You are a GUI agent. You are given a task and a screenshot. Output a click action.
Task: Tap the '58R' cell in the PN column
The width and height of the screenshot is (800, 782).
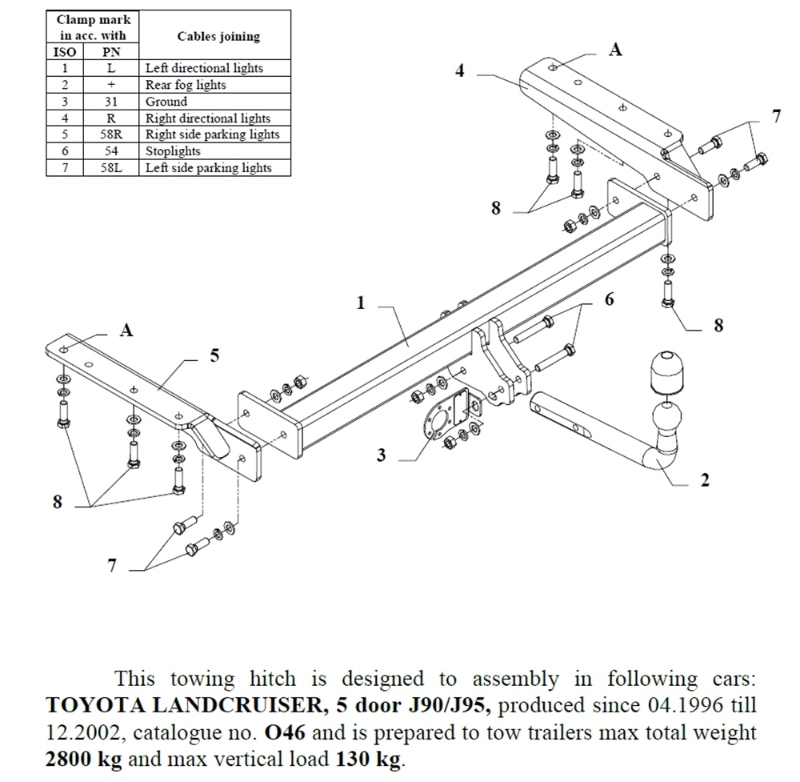pyautogui.click(x=111, y=134)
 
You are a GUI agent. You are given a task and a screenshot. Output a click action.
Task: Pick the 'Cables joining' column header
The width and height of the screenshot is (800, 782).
pyautogui.click(x=218, y=37)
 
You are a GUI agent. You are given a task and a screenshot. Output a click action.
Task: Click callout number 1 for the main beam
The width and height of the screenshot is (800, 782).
pyautogui.click(x=361, y=303)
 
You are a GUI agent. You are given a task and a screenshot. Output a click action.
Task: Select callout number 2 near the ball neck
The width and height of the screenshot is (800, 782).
pyautogui.click(x=704, y=480)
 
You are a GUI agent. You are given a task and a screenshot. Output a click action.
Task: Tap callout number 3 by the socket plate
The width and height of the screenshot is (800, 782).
pyautogui.click(x=382, y=455)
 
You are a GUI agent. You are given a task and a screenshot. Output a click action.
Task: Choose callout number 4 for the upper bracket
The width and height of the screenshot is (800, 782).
pyautogui.click(x=459, y=71)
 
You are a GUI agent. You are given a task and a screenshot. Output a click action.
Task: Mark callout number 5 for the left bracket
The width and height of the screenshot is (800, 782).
pyautogui.click(x=214, y=356)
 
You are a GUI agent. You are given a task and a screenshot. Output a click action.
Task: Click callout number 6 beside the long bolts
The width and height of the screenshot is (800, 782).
pyautogui.click(x=610, y=299)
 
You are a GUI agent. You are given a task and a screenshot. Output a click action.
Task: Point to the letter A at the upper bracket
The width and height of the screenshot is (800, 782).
pyautogui.click(x=615, y=50)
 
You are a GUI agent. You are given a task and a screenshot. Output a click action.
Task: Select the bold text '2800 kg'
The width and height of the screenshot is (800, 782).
pyautogui.click(x=82, y=759)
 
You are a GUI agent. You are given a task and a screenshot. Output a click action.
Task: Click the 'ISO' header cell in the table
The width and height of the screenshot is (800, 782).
pyautogui.click(x=65, y=52)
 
